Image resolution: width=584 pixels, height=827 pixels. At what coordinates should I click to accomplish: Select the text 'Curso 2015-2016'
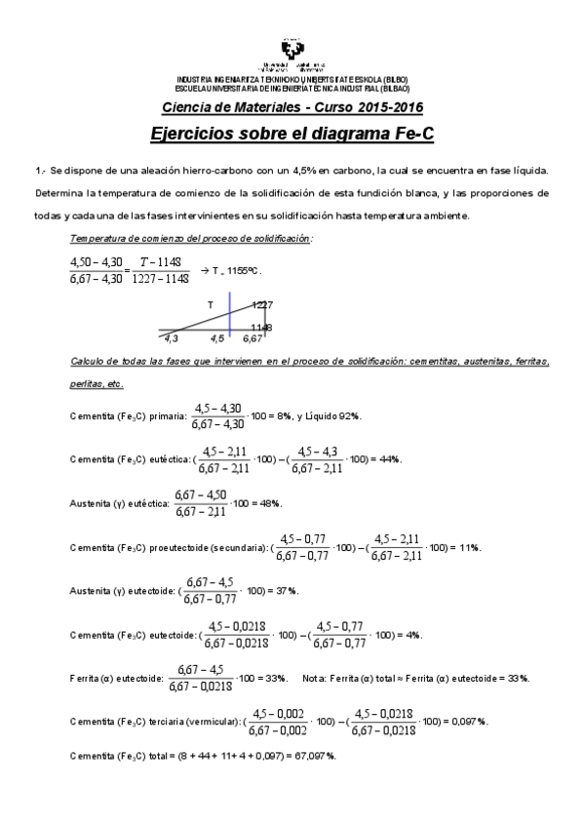372,106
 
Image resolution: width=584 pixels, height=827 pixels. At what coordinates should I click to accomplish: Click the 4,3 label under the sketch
172,338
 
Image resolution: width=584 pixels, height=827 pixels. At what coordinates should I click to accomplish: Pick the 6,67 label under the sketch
253,338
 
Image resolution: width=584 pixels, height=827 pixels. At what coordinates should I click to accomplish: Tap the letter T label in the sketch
210,304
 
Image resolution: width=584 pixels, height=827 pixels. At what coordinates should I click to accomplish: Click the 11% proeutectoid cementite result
468,547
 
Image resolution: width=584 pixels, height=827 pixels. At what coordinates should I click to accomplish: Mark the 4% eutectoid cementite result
412,635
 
